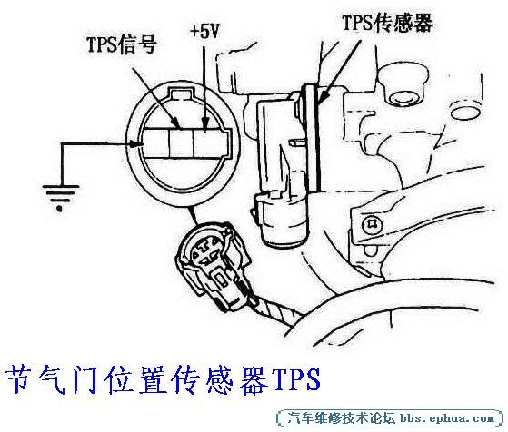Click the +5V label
[205, 32]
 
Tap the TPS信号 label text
[122, 44]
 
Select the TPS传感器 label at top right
[387, 23]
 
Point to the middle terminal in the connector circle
[181, 143]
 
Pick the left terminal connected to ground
[156, 143]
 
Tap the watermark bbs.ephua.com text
[447, 418]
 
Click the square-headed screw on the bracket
[372, 224]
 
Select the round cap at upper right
[403, 84]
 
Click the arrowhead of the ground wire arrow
[136, 143]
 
